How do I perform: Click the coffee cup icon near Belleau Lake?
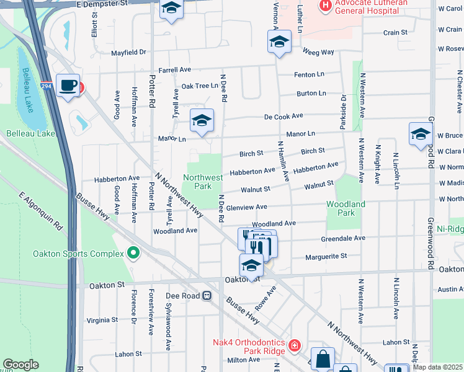click(x=68, y=86)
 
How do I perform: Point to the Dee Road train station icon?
click(x=207, y=296)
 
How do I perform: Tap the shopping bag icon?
click(x=323, y=358)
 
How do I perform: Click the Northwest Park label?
click(x=203, y=182)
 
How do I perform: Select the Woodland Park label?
click(x=346, y=208)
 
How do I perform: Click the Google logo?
click(x=20, y=365)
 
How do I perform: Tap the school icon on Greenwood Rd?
click(x=421, y=134)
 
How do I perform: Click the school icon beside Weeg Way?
click(x=279, y=43)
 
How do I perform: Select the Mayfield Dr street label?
click(x=128, y=53)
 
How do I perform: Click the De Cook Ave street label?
click(x=283, y=116)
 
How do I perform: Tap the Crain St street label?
click(x=395, y=32)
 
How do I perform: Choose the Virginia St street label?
click(x=102, y=320)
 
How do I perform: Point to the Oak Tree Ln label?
click(x=200, y=86)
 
